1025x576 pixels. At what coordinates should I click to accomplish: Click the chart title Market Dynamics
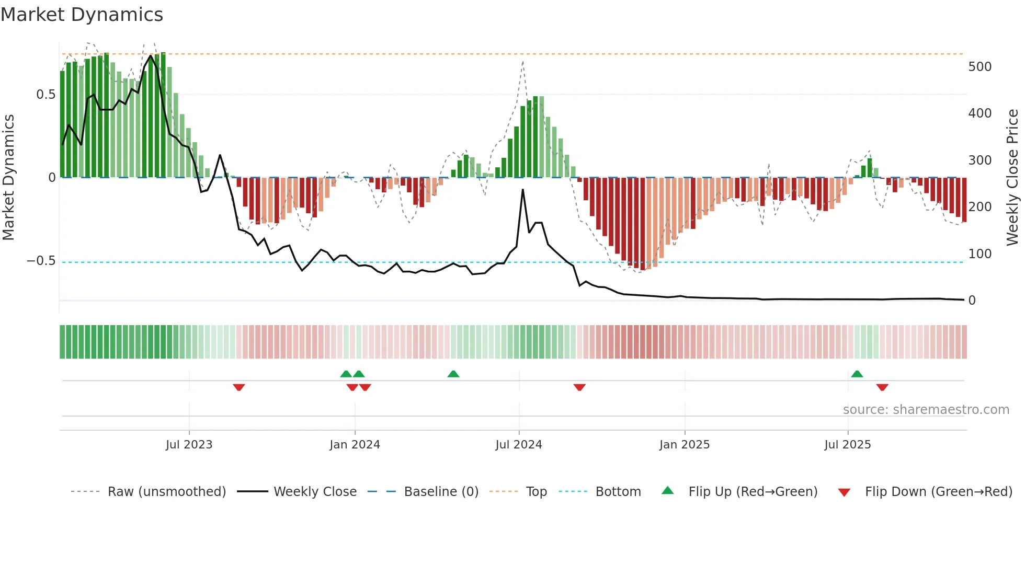(82, 15)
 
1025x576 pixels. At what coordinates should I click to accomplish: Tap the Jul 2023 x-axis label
(189, 445)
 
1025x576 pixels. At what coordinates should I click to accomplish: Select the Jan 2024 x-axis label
(355, 445)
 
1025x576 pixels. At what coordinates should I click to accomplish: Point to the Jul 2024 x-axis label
(518, 445)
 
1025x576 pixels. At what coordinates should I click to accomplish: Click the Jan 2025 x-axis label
(684, 445)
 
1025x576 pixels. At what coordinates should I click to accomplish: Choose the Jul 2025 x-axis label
(847, 445)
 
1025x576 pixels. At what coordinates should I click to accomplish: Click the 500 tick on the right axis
(980, 67)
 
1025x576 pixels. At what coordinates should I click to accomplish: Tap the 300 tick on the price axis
(980, 160)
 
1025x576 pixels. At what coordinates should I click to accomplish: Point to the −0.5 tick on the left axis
(41, 261)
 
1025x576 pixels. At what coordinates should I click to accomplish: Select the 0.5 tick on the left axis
(45, 95)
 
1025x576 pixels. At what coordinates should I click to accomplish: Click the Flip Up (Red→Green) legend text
(753, 492)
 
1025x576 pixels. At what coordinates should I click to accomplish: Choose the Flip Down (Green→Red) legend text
(938, 492)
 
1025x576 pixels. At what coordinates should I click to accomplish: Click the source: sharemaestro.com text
(926, 410)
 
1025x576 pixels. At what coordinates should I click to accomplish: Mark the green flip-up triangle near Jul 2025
(857, 374)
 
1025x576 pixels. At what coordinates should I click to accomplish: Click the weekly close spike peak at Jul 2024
(522, 190)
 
